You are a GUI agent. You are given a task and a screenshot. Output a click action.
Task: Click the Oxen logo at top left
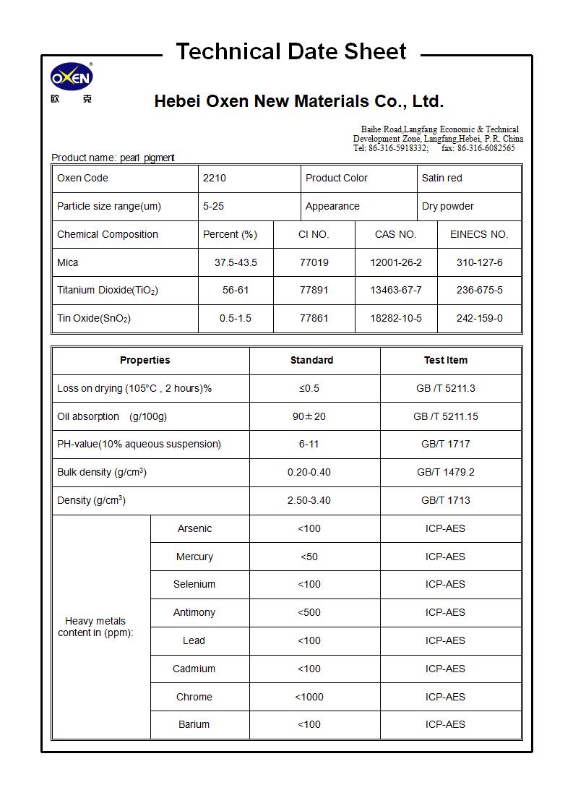tap(72, 77)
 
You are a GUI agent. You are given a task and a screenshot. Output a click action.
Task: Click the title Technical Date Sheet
tap(291, 51)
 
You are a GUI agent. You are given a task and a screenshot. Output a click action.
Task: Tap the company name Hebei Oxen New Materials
tap(298, 101)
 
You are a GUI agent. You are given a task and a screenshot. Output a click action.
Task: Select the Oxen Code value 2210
tap(215, 178)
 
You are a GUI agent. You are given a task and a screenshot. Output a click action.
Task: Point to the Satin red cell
tap(441, 178)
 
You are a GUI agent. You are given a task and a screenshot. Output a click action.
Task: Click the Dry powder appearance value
tap(447, 206)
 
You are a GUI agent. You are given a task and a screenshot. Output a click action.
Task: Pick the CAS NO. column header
tap(395, 234)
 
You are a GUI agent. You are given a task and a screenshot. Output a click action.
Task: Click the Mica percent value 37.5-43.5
tap(236, 262)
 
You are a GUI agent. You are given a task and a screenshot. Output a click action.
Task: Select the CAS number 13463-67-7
tap(395, 291)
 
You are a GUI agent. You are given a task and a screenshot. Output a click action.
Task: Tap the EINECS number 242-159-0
tap(479, 318)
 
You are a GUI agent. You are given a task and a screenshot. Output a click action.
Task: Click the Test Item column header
tap(445, 360)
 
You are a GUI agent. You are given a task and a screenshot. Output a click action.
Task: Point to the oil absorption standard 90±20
tap(309, 416)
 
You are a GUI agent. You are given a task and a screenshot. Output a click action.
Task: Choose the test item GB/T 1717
tap(445, 444)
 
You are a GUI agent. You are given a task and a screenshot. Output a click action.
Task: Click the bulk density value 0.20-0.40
tap(309, 472)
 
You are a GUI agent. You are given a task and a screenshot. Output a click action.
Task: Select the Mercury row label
tap(194, 557)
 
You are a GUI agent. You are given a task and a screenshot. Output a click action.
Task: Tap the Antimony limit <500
tap(309, 612)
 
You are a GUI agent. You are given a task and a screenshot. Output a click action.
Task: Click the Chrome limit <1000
tap(309, 697)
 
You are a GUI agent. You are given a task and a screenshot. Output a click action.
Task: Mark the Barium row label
tap(194, 724)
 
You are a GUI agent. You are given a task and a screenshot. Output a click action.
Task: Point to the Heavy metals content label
tap(95, 627)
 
